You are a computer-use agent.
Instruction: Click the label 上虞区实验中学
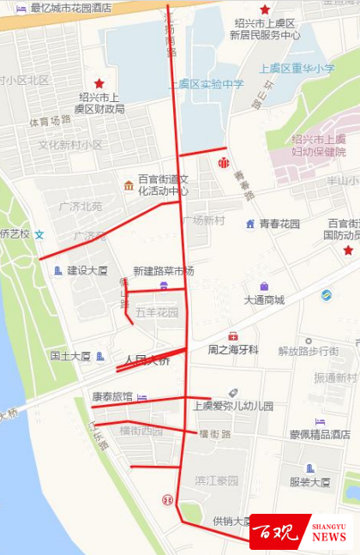click(207, 84)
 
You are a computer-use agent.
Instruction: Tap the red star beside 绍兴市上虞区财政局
click(99, 83)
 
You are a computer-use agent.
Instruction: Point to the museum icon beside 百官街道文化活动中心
click(129, 184)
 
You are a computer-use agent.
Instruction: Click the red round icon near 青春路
click(224, 161)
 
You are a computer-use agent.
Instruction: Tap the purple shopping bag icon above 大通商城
click(264, 286)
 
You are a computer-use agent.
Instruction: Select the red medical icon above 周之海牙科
click(232, 336)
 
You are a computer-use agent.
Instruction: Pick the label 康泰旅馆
click(112, 397)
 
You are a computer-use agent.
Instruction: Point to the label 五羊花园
click(158, 312)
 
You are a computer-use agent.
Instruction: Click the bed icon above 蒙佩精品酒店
click(319, 421)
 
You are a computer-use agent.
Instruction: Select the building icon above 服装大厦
click(309, 468)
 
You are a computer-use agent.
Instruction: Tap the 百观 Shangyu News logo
click(300, 532)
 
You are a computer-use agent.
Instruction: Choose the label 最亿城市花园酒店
click(70, 8)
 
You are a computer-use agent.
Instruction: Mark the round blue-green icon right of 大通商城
click(325, 295)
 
